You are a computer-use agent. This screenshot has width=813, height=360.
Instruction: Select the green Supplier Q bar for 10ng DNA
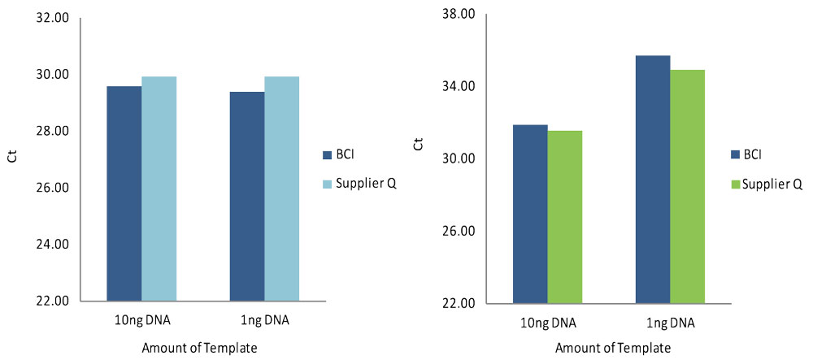coord(565,217)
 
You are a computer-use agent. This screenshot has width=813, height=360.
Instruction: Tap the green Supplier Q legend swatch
coord(735,184)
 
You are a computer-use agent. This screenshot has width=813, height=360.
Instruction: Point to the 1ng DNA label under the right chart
coord(671,323)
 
